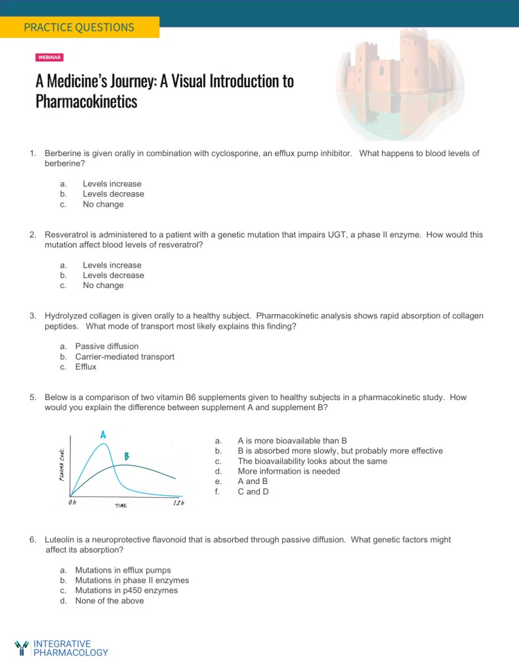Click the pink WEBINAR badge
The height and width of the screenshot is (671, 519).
point(49,58)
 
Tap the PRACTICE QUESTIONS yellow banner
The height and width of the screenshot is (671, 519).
point(79,28)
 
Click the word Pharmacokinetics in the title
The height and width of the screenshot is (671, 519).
point(87,102)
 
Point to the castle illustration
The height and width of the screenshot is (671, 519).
point(391,82)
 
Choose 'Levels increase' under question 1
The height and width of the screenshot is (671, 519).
point(112,184)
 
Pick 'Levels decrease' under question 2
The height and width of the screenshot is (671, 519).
point(113,275)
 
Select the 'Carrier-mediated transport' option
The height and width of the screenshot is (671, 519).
point(125,357)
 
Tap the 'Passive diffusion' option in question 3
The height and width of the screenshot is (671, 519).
point(107,346)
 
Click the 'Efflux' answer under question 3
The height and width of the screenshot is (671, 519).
point(86,367)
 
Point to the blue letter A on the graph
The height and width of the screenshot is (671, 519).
point(104,434)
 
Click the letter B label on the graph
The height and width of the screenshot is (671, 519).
point(127,456)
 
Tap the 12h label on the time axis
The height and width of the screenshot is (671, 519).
point(178,503)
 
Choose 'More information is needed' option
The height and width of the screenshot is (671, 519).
point(289,472)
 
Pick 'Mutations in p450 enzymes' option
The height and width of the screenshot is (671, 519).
point(126,590)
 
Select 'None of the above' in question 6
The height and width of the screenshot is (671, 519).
point(110,601)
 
